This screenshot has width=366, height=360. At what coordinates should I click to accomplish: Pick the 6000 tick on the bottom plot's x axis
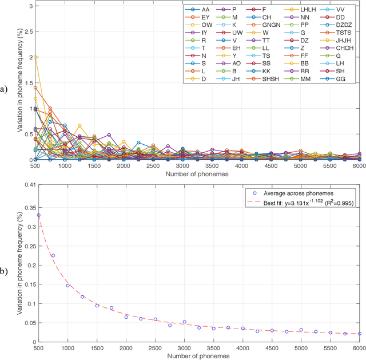[359, 347]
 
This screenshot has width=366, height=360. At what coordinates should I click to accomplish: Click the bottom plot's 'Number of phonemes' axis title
[199, 356]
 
